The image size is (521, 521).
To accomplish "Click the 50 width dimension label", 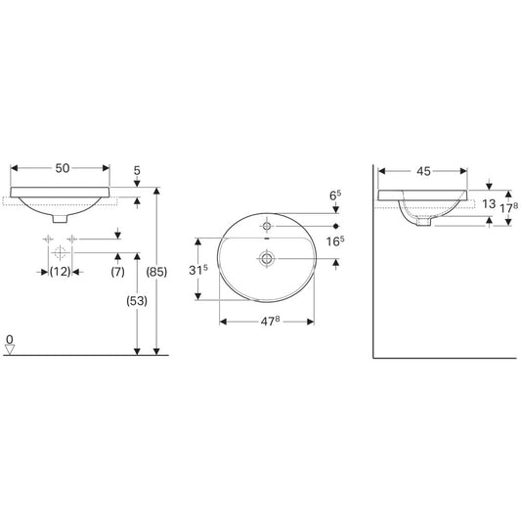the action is pyautogui.click(x=63, y=168).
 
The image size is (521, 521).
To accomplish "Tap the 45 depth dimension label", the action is pyautogui.click(x=423, y=171).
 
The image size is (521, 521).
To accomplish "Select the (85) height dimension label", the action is pyautogui.click(x=156, y=272).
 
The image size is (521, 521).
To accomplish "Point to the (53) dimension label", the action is pyautogui.click(x=137, y=301).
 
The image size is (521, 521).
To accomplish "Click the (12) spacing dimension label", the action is pyautogui.click(x=61, y=272).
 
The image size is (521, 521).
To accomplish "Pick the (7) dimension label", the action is pyautogui.click(x=117, y=272).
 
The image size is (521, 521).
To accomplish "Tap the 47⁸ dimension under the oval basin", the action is pyautogui.click(x=270, y=322).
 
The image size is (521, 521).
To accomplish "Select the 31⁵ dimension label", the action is pyautogui.click(x=198, y=270).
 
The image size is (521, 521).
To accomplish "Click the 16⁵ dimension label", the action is pyautogui.click(x=335, y=241).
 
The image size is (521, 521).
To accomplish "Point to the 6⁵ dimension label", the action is pyautogui.click(x=335, y=195).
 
